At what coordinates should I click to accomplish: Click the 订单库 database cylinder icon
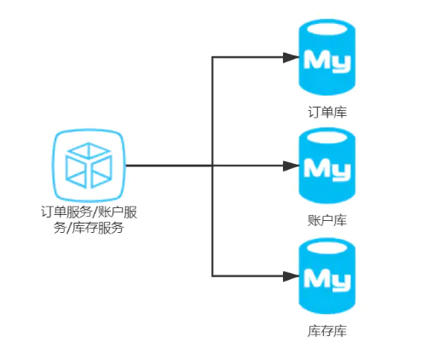[x=327, y=57]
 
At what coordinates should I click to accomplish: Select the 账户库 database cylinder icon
[x=327, y=165]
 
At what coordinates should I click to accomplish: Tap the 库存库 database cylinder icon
[x=327, y=276]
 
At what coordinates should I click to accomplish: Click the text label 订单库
[x=327, y=112]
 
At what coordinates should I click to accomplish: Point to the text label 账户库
[x=327, y=220]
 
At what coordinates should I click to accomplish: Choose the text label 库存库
[x=327, y=331]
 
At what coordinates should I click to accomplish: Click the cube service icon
[x=89, y=165]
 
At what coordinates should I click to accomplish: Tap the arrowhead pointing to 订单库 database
[x=291, y=57]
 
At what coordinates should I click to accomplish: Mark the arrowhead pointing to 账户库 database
[x=291, y=165]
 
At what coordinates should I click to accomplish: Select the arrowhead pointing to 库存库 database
[x=291, y=276]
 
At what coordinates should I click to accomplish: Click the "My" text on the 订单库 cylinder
[x=327, y=61]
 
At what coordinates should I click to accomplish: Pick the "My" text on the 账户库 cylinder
[x=327, y=169]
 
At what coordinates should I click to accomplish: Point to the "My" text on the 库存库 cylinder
[x=327, y=280]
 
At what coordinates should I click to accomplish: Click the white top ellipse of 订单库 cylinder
[x=327, y=29]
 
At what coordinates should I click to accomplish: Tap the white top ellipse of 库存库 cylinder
[x=327, y=247]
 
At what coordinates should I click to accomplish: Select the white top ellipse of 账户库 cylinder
[x=327, y=137]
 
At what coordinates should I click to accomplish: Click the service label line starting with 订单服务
[x=89, y=212]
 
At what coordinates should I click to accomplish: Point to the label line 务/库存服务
[x=89, y=228]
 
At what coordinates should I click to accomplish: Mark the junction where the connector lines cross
[x=212, y=165]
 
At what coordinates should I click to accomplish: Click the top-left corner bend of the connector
[x=212, y=57]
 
